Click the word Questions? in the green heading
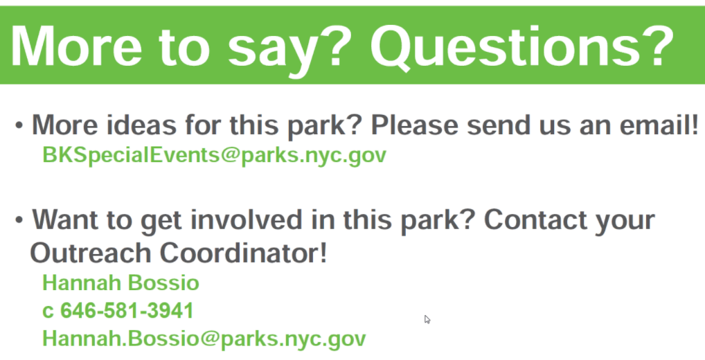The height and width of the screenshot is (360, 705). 521,47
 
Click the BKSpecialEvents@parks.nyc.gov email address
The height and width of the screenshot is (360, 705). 214,156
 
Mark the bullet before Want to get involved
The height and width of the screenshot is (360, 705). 19,219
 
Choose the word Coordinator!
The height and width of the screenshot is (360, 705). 244,253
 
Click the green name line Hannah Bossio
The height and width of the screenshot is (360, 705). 121,283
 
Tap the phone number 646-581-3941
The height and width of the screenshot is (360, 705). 127,311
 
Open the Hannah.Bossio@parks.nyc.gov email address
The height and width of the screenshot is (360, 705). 204,339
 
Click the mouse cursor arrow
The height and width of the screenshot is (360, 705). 427,319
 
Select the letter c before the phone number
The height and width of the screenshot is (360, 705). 47,312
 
